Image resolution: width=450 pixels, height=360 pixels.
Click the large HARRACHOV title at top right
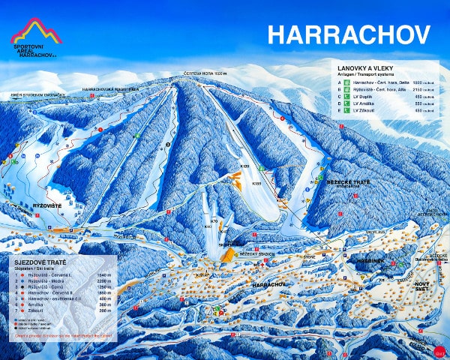349,34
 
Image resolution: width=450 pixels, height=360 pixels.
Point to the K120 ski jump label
244,165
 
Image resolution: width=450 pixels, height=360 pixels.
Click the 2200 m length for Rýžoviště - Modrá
104,282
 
